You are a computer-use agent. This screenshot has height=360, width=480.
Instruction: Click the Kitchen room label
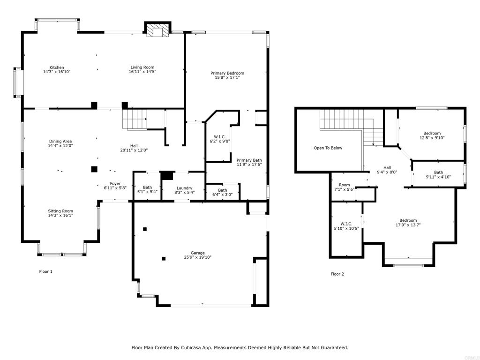(57, 67)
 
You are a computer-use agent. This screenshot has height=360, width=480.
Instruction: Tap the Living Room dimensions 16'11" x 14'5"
(142, 72)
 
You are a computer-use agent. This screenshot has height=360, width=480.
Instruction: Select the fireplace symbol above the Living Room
(157, 30)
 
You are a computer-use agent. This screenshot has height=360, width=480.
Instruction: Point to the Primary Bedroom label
(227, 73)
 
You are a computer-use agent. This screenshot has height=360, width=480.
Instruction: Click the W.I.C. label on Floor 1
(220, 137)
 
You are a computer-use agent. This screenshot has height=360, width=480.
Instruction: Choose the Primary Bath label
(249, 160)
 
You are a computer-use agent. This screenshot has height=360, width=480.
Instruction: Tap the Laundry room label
(184, 188)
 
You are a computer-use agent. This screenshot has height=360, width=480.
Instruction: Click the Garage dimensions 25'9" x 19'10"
(197, 257)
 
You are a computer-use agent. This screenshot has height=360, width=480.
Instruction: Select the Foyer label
(115, 184)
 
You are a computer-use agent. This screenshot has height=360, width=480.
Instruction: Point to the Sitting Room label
(60, 211)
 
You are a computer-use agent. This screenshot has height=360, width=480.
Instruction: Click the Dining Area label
(60, 142)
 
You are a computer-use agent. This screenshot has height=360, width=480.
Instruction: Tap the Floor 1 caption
(45, 271)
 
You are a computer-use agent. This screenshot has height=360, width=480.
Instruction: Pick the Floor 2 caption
(337, 274)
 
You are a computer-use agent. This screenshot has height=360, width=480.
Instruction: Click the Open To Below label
(328, 148)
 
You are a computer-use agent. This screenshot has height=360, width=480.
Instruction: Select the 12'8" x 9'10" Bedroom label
(432, 135)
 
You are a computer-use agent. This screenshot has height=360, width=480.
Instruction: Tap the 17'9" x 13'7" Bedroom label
(408, 223)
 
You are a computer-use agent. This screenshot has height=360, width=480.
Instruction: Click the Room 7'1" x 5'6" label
(345, 187)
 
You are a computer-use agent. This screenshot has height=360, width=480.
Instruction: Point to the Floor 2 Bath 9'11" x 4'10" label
(438, 174)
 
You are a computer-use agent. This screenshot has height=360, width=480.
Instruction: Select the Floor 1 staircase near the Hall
(135, 120)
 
